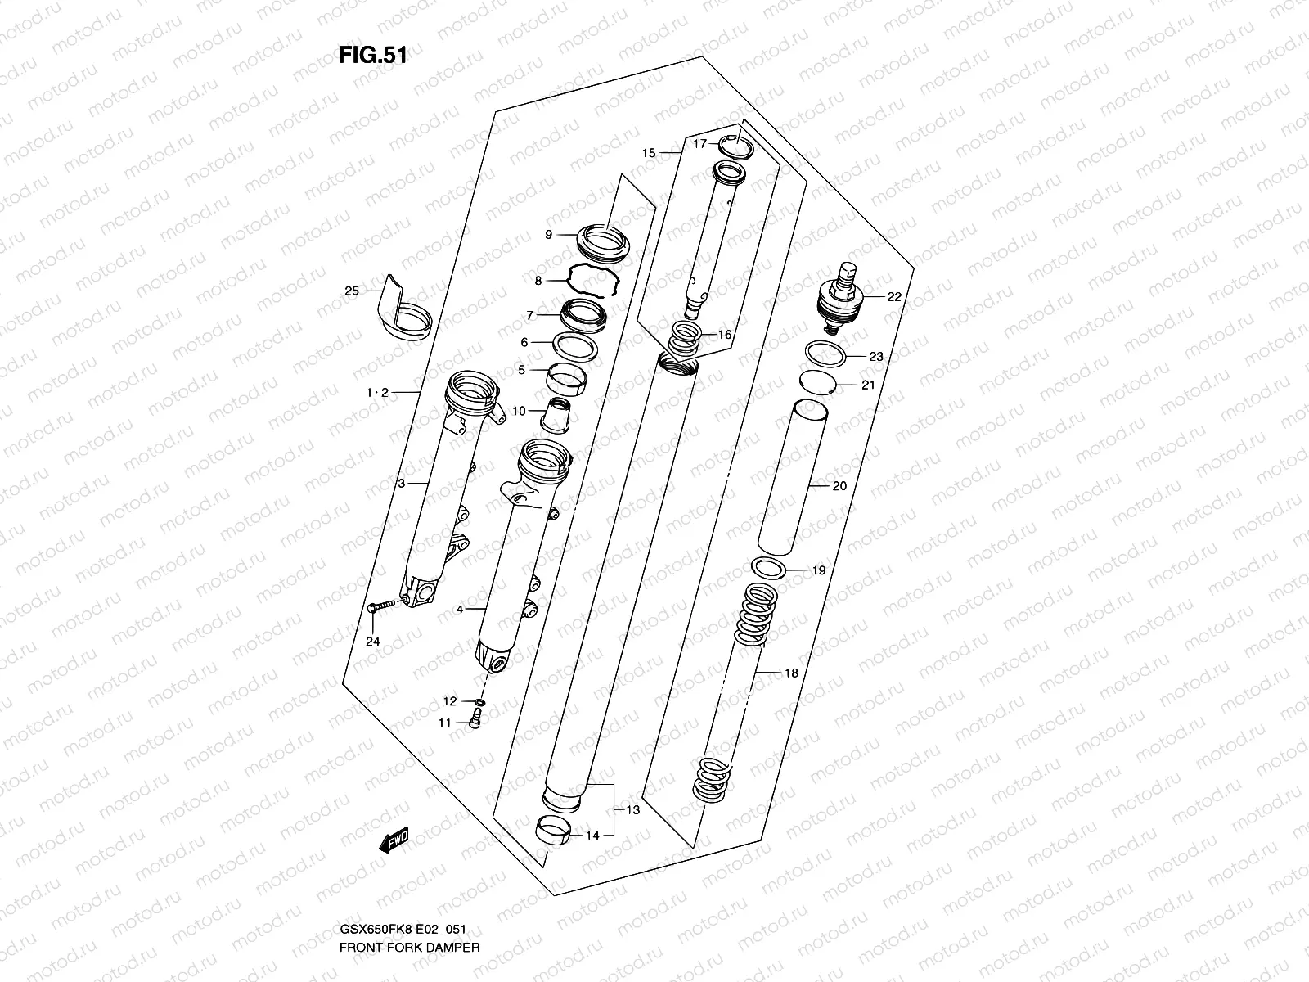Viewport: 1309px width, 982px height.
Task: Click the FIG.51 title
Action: [x=372, y=56]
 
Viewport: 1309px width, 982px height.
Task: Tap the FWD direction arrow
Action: [x=394, y=842]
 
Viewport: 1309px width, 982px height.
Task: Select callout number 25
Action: [x=352, y=291]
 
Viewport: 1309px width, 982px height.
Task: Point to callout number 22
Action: [x=893, y=297]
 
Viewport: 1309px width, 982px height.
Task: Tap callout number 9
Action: [x=550, y=235]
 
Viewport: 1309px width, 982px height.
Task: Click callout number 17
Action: [x=699, y=144]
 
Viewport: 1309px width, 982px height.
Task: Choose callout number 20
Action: [x=839, y=486]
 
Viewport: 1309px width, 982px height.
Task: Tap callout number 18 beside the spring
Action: [x=790, y=673]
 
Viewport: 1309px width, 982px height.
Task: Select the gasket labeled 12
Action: [x=480, y=702]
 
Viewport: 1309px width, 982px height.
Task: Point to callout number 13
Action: [x=632, y=810]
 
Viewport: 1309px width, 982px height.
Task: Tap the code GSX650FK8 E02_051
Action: [x=403, y=930]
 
